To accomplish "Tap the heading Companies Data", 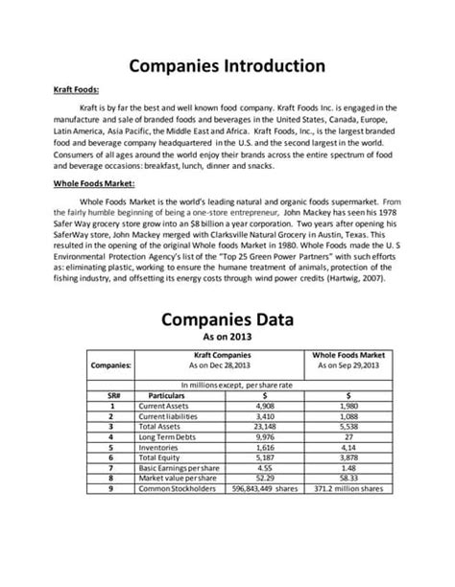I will (x=227, y=317).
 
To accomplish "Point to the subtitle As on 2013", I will (x=227, y=339).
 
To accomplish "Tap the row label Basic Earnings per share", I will (x=180, y=469).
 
